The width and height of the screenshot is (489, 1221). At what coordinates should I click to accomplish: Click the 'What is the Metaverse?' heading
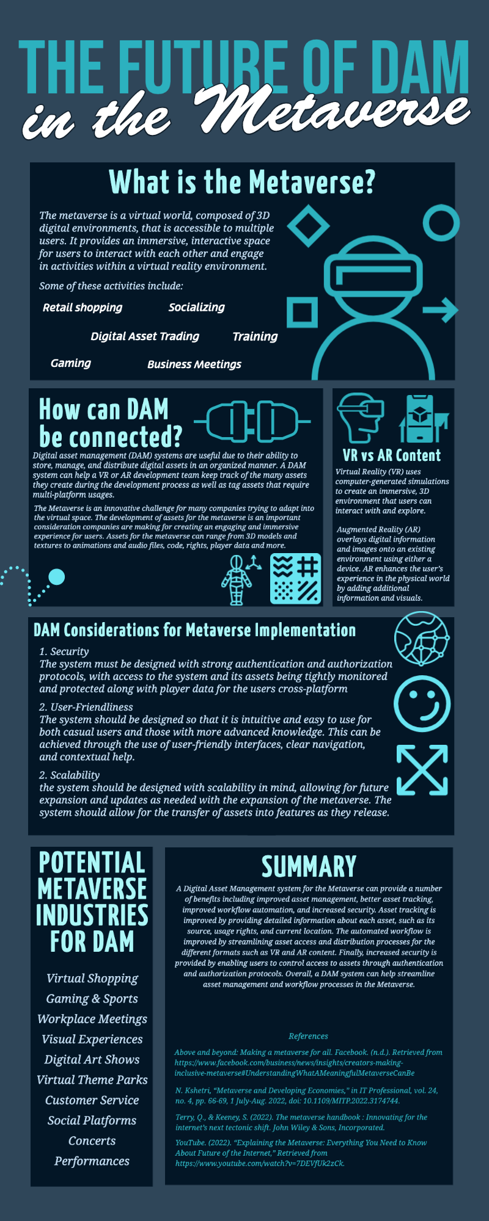point(242,183)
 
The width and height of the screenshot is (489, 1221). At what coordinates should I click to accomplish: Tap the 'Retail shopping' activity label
point(83,307)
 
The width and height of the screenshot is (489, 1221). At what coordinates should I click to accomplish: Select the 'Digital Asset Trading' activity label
point(145,336)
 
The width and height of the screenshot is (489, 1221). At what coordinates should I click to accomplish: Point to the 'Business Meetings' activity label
point(194,364)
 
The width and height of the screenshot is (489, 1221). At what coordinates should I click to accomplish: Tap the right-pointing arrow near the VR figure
point(441,310)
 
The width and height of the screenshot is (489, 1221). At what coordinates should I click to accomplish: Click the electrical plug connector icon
point(252,421)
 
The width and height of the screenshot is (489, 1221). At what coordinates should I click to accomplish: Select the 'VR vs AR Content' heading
point(392,455)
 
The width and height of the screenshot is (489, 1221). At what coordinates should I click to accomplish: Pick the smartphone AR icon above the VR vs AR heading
point(423,419)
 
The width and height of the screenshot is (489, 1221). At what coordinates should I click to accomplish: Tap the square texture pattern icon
point(296,579)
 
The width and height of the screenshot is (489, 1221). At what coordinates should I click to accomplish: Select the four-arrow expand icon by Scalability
point(422,770)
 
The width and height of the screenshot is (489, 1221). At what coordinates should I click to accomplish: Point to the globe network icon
point(422,639)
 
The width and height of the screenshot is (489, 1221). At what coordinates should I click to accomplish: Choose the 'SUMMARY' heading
point(309,866)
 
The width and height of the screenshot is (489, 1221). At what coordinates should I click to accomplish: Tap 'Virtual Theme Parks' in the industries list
point(92,1079)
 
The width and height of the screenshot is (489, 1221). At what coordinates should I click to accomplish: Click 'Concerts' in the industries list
point(92,1140)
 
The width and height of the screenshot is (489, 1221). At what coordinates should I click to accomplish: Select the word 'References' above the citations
point(309,1036)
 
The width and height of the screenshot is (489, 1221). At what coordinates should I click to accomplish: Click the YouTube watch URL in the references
point(260,1163)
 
